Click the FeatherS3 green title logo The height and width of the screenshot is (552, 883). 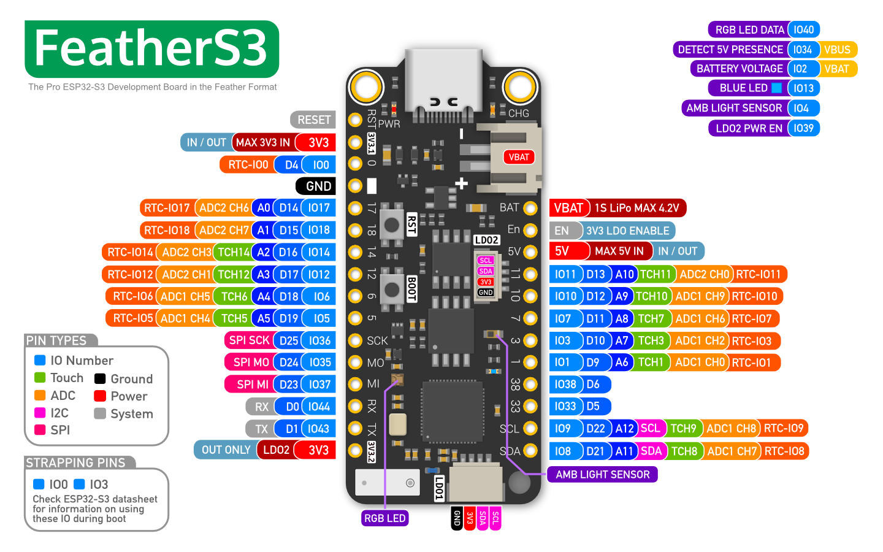pos(152,49)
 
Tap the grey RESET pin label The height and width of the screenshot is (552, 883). pos(313,120)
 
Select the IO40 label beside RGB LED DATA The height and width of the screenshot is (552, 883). pos(804,29)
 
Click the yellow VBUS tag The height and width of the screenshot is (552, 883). pos(838,50)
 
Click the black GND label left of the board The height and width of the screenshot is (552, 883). pos(316,186)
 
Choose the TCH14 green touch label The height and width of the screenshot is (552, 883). pos(234,252)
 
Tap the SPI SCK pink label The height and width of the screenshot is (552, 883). pos(249,340)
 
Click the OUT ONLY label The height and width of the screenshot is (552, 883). pos(226,450)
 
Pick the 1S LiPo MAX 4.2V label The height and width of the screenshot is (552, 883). pos(636,208)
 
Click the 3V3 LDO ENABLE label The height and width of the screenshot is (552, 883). pos(627,231)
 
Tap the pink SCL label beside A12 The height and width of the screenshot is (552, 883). pos(651,428)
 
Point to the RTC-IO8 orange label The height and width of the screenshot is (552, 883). pos(784,451)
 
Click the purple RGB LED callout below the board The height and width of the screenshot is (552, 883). pos(384,518)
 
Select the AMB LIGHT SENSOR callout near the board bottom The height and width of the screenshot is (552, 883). pos(602,474)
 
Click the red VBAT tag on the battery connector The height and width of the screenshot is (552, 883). pos(519,157)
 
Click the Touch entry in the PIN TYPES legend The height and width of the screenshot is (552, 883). pos(59,378)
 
